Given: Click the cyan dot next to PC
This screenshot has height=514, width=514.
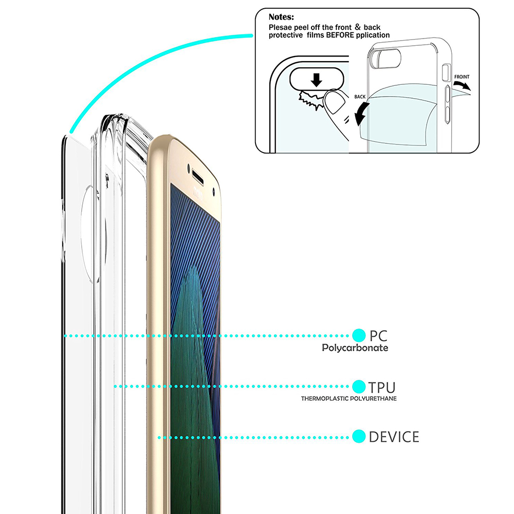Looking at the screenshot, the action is (359, 335).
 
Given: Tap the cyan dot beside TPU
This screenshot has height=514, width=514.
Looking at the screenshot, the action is (359, 387).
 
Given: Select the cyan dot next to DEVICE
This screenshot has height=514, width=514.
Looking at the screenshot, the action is (359, 436).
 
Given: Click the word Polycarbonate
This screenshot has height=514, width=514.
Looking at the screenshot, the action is (355, 348).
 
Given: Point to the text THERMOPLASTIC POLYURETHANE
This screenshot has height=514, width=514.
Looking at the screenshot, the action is (349, 399).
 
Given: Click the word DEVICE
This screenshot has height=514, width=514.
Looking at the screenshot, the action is (394, 437).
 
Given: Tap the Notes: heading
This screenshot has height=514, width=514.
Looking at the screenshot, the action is (281, 17).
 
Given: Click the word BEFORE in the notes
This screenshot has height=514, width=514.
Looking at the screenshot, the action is (340, 35).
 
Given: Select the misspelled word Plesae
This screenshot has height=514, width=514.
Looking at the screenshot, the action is (280, 27).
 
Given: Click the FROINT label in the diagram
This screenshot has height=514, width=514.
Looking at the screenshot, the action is (462, 77).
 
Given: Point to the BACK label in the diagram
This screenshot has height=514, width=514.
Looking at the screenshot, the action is (360, 97).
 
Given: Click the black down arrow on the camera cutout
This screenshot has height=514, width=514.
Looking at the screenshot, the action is (316, 80).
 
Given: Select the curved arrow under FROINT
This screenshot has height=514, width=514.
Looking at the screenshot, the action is (462, 85).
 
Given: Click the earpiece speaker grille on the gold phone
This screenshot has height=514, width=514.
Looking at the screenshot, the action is (198, 177).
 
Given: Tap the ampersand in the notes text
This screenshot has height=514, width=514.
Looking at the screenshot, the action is (358, 27).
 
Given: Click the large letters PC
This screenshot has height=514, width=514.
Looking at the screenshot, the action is (379, 336).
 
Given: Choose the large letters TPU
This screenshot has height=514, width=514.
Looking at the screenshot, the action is (382, 388).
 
